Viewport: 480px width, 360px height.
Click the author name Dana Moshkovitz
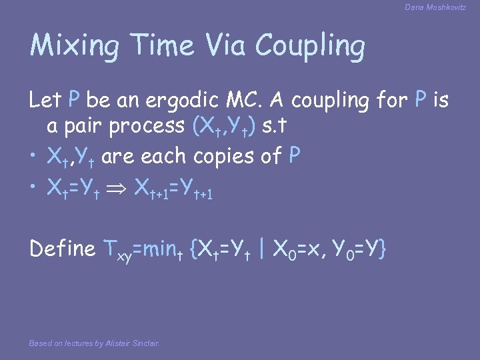435,7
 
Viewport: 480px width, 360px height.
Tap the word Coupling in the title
311,47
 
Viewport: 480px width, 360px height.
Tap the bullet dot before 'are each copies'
33,157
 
